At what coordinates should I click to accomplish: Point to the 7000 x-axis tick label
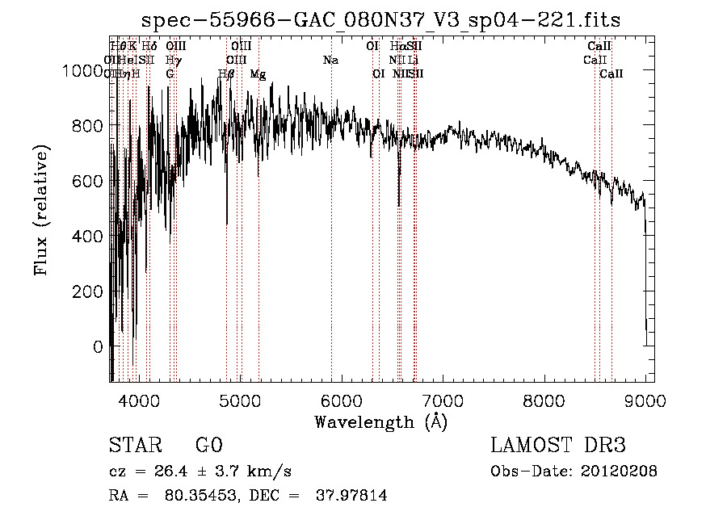(443, 400)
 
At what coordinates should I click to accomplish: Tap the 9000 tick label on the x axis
(645, 400)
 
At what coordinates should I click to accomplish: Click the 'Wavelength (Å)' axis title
(380, 421)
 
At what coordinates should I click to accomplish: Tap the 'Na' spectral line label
(330, 60)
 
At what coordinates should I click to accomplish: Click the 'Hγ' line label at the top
(172, 60)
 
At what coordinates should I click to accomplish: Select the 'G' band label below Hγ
(170, 73)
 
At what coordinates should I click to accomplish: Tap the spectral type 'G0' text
(208, 446)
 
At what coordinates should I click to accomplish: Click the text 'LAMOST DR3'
(558, 446)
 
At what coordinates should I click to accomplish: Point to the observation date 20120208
(618, 471)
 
